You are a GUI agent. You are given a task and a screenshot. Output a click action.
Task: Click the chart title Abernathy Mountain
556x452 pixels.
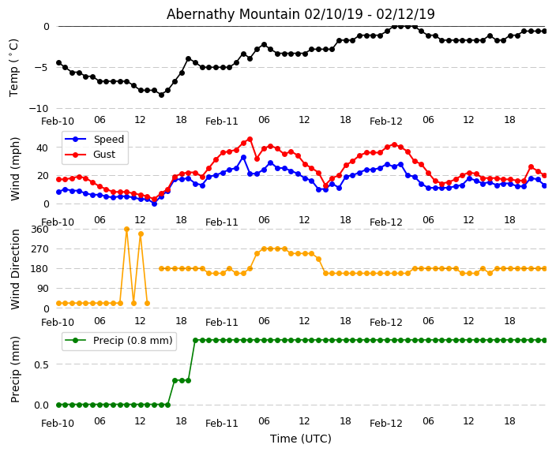(x=300, y=14)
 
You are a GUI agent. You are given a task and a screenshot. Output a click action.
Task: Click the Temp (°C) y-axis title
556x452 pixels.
(x=14, y=67)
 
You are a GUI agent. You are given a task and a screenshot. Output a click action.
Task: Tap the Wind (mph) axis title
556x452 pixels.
(x=15, y=168)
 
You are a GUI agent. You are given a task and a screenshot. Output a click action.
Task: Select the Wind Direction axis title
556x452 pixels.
(x=15, y=268)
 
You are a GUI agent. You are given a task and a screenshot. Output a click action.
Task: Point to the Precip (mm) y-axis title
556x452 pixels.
(x=15, y=369)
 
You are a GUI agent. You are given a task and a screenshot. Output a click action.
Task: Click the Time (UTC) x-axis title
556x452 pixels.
(x=300, y=439)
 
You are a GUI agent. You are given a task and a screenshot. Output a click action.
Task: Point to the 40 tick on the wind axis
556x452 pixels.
(x=44, y=147)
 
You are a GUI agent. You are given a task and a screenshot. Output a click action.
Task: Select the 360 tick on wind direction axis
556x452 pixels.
(x=40, y=230)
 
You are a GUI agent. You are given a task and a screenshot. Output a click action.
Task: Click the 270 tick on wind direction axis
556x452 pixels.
(x=40, y=249)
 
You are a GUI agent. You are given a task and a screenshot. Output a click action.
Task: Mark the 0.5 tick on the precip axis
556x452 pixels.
(x=42, y=364)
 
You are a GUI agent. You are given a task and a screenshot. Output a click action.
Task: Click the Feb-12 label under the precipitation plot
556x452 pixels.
(x=386, y=424)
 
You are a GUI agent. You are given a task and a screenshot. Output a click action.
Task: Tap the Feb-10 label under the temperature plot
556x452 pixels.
(x=58, y=121)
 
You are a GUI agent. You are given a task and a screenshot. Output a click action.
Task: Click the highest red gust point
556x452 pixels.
(x=250, y=140)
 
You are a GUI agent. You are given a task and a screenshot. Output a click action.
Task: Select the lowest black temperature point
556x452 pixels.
(x=161, y=95)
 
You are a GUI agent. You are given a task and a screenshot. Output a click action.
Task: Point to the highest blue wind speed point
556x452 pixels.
(x=243, y=157)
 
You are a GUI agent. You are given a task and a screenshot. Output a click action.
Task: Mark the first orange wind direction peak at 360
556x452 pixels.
(x=126, y=230)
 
